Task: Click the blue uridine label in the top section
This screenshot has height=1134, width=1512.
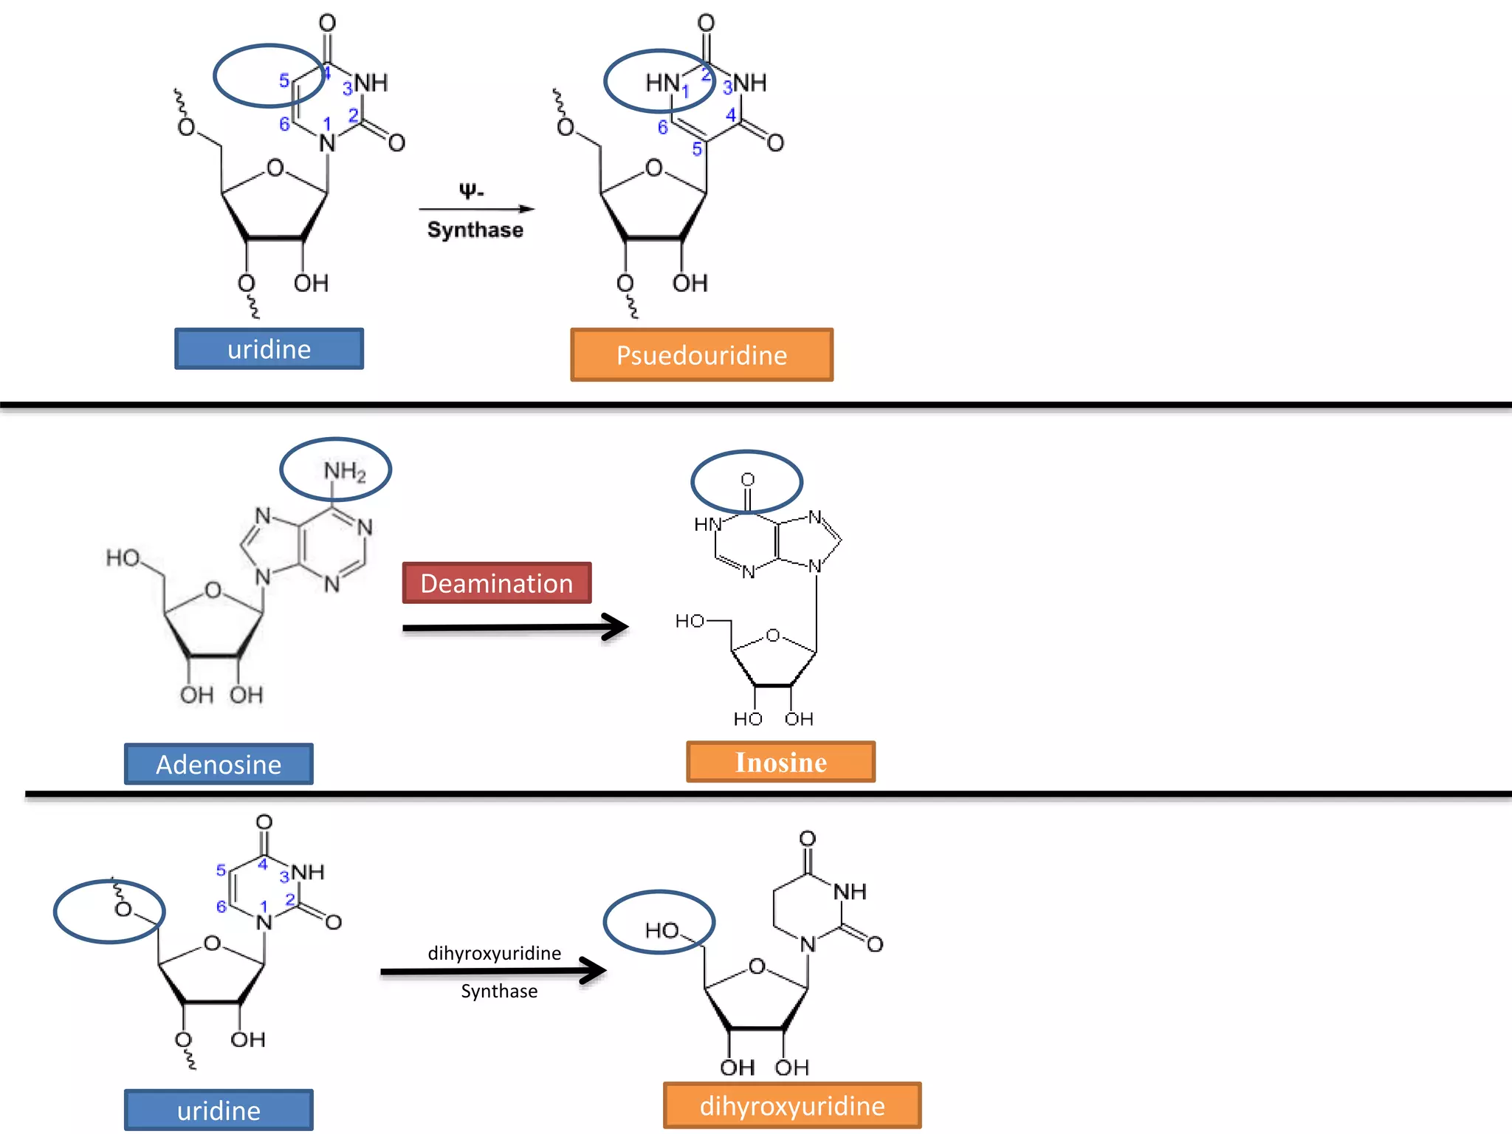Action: click(269, 349)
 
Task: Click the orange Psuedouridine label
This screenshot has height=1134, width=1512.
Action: click(701, 355)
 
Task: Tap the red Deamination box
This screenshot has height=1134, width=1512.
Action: click(496, 583)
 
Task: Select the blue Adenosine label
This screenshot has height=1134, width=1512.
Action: click(219, 764)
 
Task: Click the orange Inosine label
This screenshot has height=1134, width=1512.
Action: click(780, 762)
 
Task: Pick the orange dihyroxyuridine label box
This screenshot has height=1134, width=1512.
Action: click(791, 1105)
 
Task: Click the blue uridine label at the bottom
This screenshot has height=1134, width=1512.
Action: click(219, 1110)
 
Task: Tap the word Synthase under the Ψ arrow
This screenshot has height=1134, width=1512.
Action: click(475, 230)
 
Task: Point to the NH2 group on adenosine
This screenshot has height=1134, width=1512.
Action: click(344, 471)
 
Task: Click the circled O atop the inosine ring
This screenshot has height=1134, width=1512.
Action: click(747, 480)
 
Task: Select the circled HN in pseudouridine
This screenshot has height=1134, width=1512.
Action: click(662, 83)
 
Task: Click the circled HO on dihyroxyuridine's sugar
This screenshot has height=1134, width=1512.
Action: click(661, 930)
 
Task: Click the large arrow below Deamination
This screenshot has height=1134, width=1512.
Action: click(515, 628)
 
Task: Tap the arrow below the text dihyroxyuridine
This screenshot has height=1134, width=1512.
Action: click(493, 971)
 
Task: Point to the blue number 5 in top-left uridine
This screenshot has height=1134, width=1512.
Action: click(283, 80)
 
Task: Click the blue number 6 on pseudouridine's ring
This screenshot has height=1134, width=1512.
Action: click(662, 128)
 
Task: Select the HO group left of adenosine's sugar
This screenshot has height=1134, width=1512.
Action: click(123, 557)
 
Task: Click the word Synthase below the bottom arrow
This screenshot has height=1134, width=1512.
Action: click(499, 992)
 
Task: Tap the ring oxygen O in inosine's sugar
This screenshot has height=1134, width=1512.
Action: click(772, 635)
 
